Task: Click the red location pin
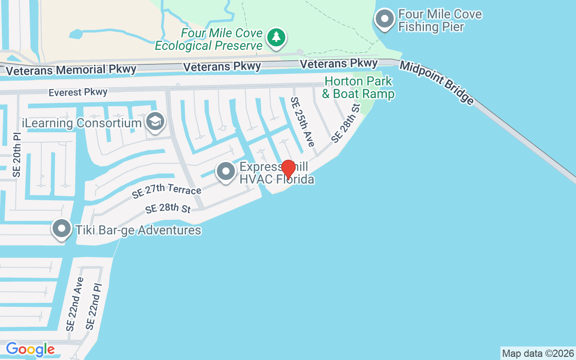tap(288, 170)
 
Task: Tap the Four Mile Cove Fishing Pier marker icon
tap(384, 19)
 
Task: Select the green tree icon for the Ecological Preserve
tap(276, 37)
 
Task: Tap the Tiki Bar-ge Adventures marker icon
tap(62, 229)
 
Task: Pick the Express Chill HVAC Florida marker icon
tap(226, 171)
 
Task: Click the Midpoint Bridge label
tap(436, 83)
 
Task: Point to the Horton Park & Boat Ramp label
tap(358, 88)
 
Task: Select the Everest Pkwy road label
tap(78, 92)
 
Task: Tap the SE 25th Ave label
tap(302, 121)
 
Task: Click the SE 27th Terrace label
tap(166, 191)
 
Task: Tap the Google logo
tap(30, 349)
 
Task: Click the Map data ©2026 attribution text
tap(538, 353)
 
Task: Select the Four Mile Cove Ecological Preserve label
tap(209, 40)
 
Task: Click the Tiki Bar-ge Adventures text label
tap(138, 230)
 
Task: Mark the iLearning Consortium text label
tap(82, 123)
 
